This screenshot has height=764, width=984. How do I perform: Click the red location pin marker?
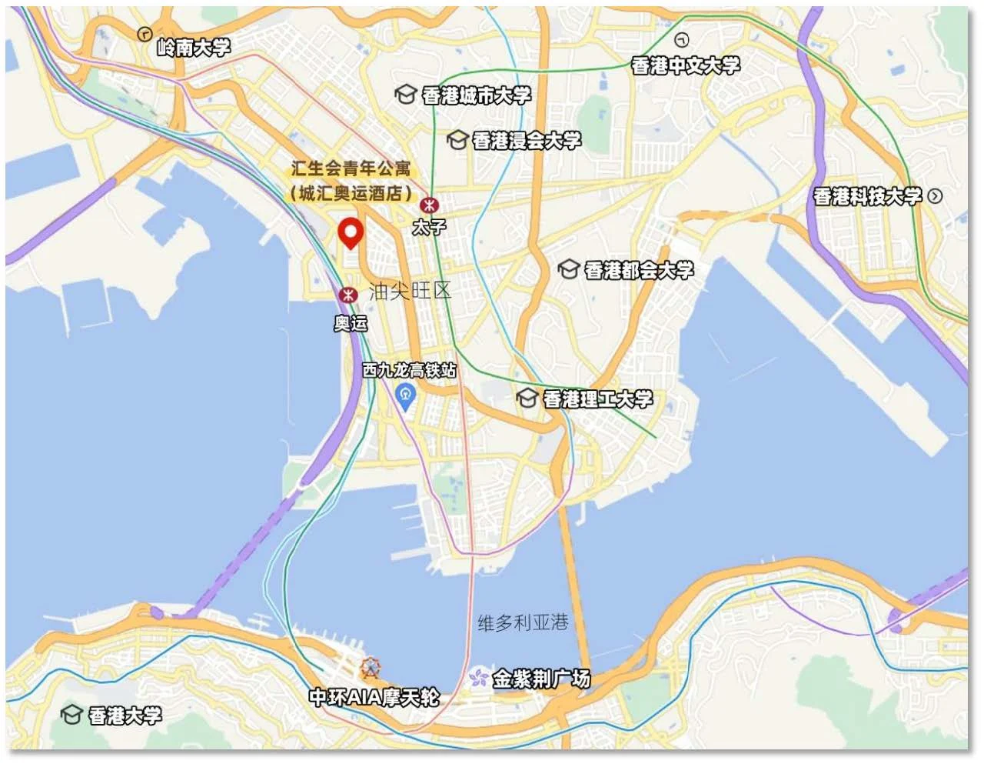351,232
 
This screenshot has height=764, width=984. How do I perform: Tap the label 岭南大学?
194,48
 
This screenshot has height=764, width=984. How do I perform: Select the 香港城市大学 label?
476,95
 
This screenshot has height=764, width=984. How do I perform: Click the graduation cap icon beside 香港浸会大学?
457,140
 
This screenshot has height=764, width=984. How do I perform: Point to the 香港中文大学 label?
686,66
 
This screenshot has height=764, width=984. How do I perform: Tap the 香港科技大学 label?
867,197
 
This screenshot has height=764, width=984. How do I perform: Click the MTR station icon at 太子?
428,205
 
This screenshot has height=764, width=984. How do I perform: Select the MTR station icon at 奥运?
349,295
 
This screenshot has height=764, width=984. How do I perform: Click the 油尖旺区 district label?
410,291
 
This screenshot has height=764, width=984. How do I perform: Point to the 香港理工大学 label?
598,399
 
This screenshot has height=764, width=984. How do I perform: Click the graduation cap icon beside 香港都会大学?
569,270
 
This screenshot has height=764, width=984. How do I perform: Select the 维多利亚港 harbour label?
523,622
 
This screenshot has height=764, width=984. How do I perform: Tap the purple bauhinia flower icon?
479,678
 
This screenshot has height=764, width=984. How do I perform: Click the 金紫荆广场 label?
541,679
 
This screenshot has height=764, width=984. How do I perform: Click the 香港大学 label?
125,716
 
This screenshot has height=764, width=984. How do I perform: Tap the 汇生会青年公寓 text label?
351,168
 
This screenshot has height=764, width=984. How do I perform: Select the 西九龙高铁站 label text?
409,370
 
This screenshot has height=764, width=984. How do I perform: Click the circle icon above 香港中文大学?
681,40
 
